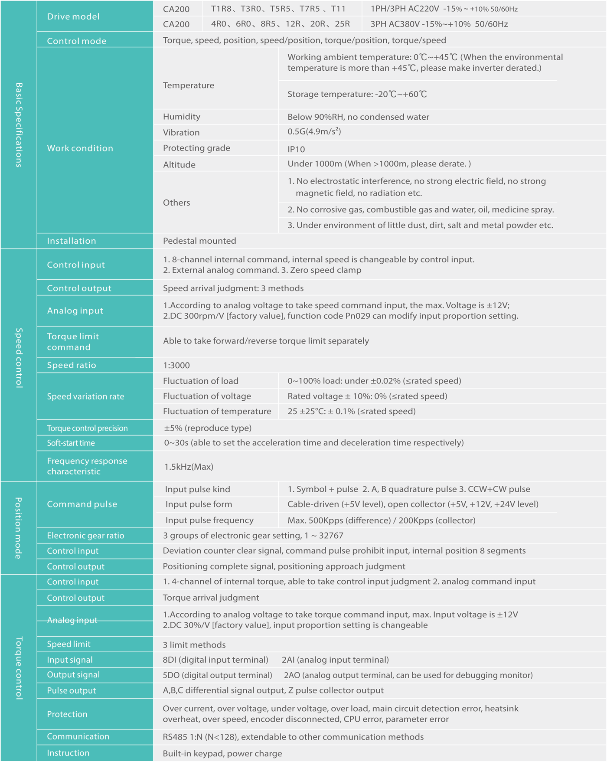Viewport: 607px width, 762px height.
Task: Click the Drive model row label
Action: (73, 16)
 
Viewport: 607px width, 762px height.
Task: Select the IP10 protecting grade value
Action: (296, 149)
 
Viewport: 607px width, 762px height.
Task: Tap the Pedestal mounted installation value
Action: (199, 241)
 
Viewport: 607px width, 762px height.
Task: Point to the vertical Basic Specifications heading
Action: (19, 125)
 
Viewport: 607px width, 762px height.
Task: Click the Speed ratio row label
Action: (72, 365)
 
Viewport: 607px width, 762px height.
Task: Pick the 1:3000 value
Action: (176, 365)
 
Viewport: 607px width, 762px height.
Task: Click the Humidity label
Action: (182, 117)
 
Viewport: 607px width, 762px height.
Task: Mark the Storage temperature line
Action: (357, 94)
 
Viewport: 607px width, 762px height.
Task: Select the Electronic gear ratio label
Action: (85, 536)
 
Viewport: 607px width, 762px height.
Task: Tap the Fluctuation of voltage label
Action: (207, 396)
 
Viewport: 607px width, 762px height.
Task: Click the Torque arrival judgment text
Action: (211, 598)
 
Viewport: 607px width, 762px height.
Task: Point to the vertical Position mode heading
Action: (19, 528)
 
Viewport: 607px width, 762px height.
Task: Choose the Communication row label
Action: (78, 736)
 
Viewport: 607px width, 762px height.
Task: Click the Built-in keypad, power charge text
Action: (222, 753)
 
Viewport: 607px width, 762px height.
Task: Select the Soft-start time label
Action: (71, 443)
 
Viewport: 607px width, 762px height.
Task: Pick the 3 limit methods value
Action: (194, 644)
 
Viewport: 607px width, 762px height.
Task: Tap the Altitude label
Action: (179, 164)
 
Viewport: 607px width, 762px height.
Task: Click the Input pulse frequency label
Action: (209, 520)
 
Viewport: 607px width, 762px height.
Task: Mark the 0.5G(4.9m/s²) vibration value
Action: (314, 132)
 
